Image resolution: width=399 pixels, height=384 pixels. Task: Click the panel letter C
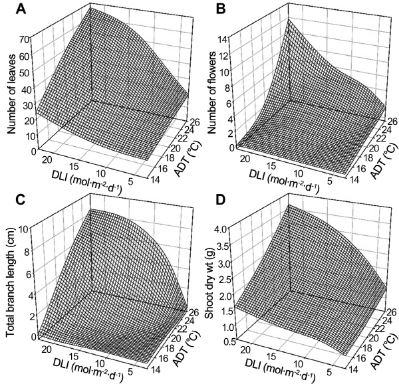click(x=11, y=199)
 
